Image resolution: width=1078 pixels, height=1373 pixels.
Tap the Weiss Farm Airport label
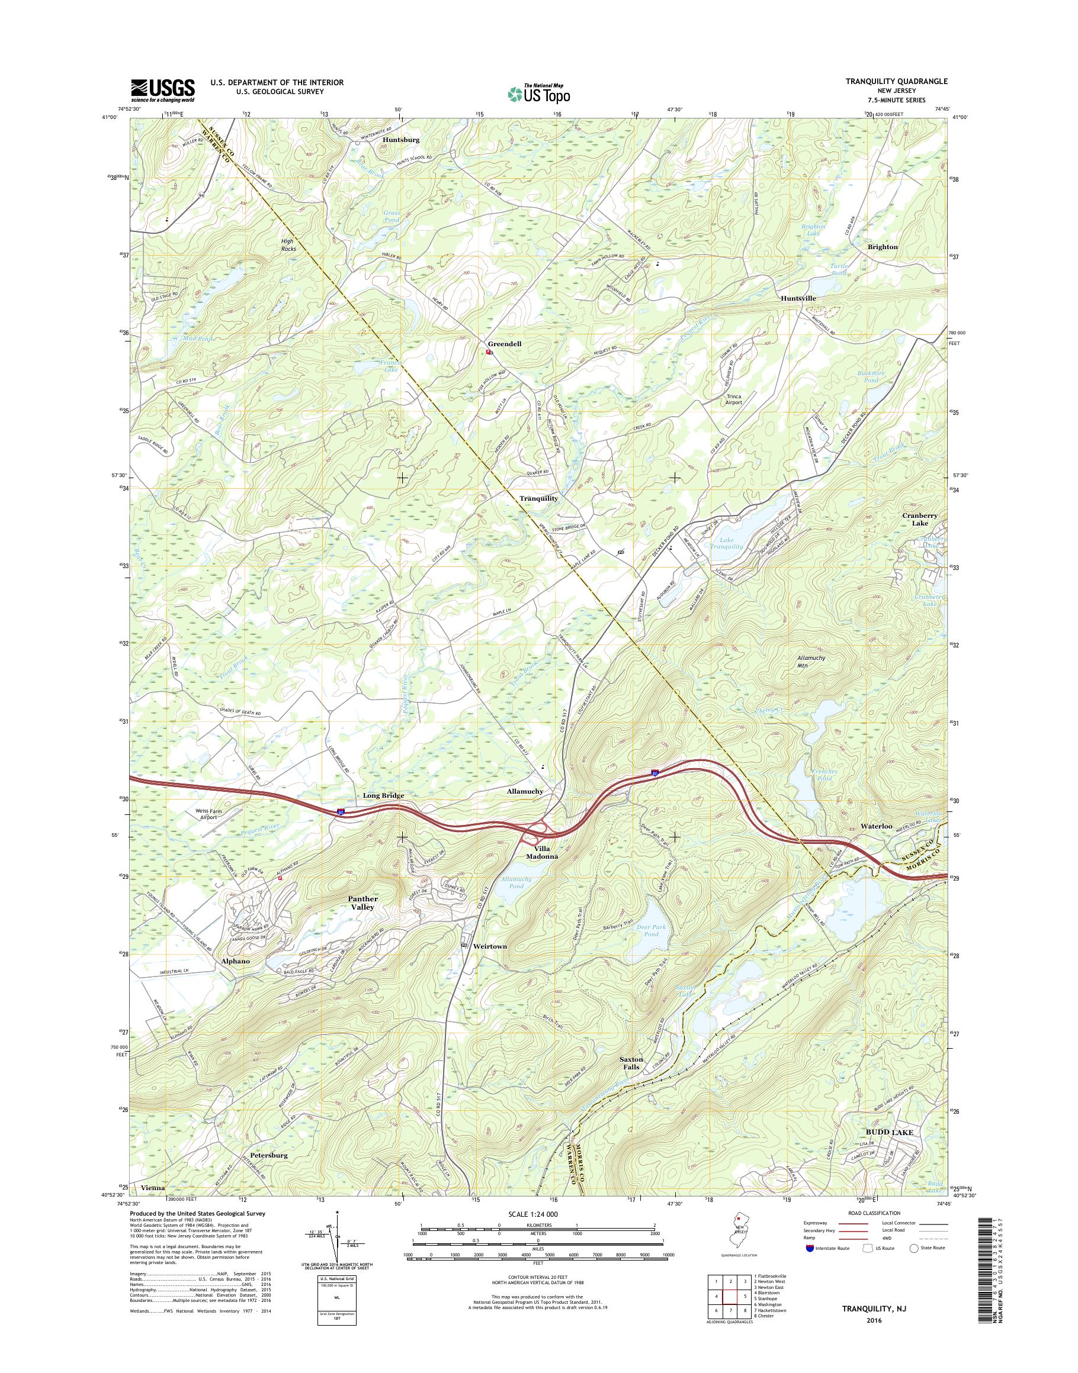(208, 813)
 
